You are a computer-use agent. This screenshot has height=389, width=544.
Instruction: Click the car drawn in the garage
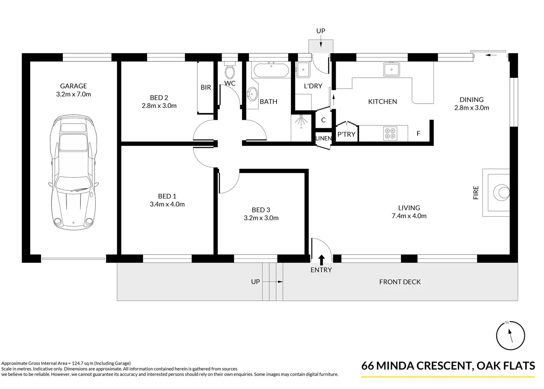(73, 173)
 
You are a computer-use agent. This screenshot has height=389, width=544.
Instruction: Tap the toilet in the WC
(229, 70)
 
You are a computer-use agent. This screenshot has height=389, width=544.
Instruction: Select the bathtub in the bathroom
(271, 70)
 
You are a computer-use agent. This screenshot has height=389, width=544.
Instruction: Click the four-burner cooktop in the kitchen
(390, 133)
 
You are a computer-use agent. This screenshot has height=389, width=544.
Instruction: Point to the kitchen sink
(391, 70)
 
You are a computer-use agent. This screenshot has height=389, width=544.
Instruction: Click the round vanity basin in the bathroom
(252, 94)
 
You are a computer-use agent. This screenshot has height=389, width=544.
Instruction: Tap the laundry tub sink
(303, 70)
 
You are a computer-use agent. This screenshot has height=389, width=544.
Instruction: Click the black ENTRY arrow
(322, 260)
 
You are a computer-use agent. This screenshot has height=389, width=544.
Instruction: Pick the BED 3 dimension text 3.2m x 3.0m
(261, 218)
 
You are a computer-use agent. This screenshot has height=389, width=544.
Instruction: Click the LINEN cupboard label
(323, 138)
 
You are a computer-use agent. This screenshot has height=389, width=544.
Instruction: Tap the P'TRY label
(346, 134)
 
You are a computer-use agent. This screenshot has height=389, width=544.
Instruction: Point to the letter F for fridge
(418, 133)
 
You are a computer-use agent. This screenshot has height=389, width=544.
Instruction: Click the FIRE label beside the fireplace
(476, 193)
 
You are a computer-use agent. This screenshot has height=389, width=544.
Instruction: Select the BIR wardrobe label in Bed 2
(206, 88)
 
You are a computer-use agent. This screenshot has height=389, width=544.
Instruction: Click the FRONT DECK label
(400, 282)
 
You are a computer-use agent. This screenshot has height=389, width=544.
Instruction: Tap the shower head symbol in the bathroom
(301, 121)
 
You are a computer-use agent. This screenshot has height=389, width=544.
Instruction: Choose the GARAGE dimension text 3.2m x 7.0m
(74, 94)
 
